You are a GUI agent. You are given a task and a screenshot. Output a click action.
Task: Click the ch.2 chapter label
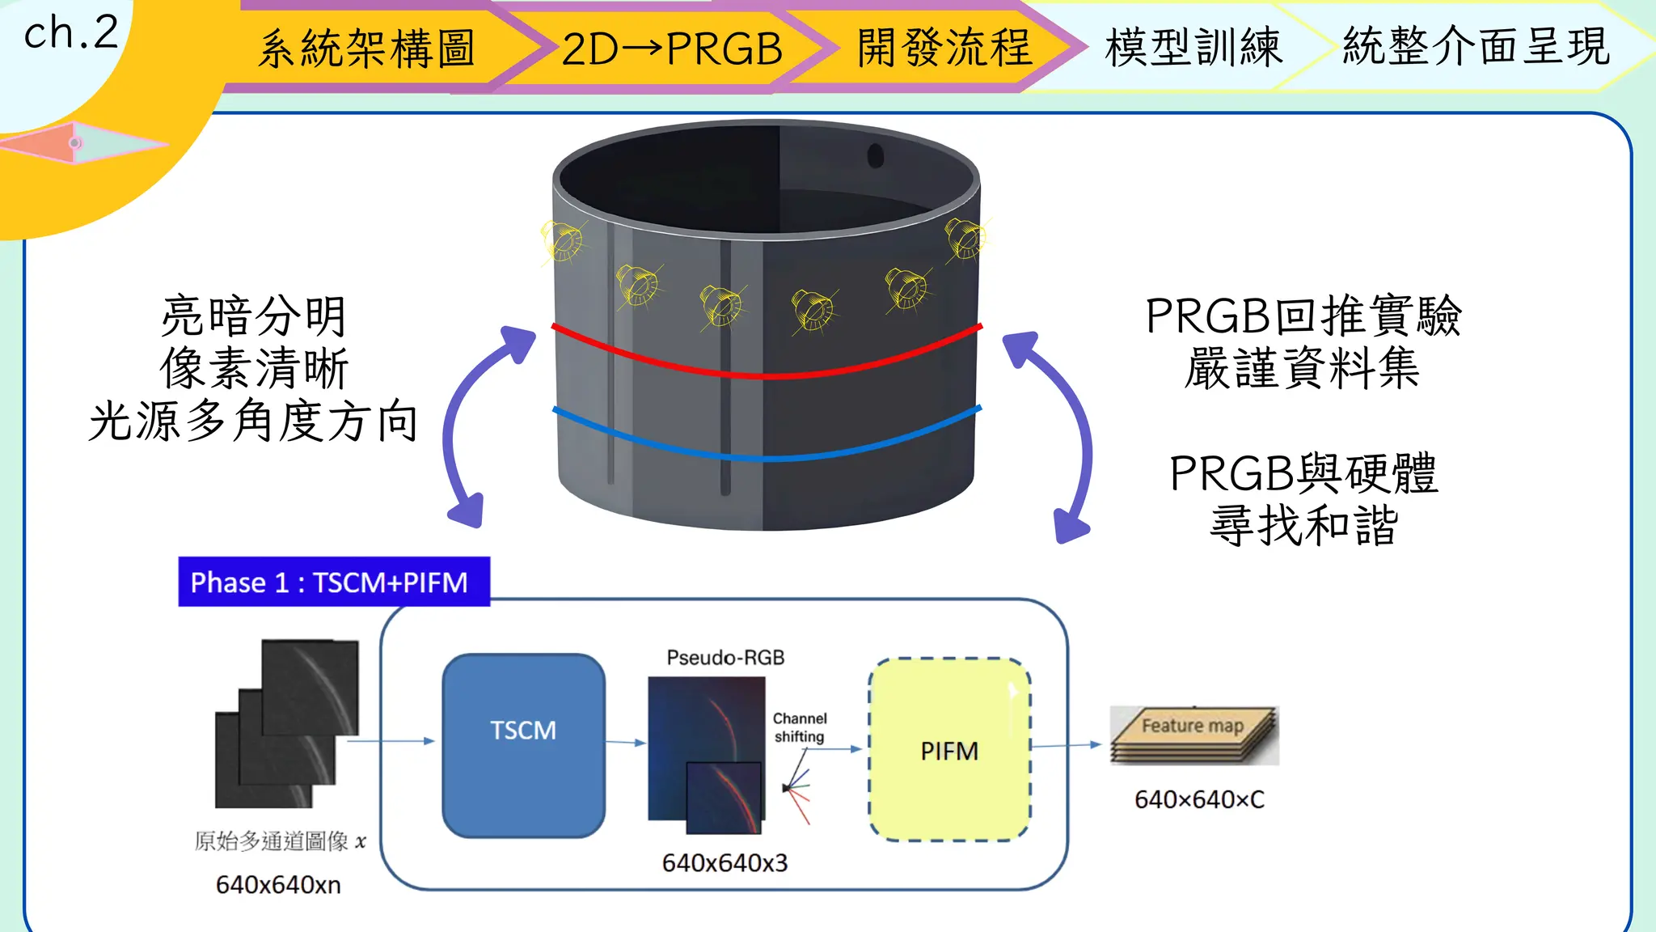pyautogui.click(x=71, y=34)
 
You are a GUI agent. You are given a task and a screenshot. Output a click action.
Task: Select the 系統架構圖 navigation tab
pyautogui.click(x=366, y=49)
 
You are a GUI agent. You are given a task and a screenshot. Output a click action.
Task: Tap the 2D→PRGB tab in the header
pyautogui.click(x=672, y=49)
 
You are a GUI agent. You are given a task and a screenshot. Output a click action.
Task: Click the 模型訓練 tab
pyautogui.click(x=1193, y=47)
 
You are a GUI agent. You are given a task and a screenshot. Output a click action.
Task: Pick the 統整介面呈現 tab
pyautogui.click(x=1476, y=45)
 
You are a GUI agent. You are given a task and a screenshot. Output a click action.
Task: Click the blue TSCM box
pyautogui.click(x=523, y=745)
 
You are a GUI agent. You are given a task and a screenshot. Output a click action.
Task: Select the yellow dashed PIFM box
pyautogui.click(x=949, y=750)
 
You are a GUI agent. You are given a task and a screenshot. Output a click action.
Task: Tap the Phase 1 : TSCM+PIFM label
pyautogui.click(x=333, y=582)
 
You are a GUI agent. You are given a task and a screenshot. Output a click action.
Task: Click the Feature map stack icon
pyautogui.click(x=1193, y=735)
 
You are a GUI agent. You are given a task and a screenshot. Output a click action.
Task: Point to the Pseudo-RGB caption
pyautogui.click(x=725, y=658)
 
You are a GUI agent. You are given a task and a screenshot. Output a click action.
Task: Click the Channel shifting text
pyautogui.click(x=799, y=727)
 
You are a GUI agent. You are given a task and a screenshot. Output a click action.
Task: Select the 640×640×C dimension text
pyautogui.click(x=1199, y=799)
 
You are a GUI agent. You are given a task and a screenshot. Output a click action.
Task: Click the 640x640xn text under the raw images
pyautogui.click(x=278, y=884)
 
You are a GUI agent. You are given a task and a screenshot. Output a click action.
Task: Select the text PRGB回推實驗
pyautogui.click(x=1303, y=316)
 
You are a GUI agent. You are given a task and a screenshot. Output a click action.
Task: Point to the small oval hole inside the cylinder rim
pyautogui.click(x=876, y=155)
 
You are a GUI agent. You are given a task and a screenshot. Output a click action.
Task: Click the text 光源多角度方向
pyautogui.click(x=253, y=422)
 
